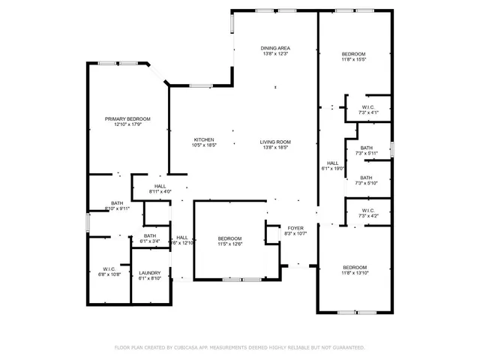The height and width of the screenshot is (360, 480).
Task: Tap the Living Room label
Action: click(x=275, y=142)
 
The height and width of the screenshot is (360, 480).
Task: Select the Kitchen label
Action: click(x=205, y=139)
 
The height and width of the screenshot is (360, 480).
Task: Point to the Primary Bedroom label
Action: click(x=127, y=119)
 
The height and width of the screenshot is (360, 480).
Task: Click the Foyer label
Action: click(x=295, y=227)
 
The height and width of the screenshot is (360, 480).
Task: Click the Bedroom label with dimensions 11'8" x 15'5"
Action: click(x=353, y=54)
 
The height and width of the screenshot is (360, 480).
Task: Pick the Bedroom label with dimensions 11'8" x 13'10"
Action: click(x=355, y=268)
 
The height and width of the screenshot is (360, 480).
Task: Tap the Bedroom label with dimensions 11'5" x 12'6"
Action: click(x=229, y=238)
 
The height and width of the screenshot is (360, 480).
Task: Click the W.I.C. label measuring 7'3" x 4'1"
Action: click(x=367, y=107)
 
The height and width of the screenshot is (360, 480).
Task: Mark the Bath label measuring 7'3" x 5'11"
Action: click(x=366, y=148)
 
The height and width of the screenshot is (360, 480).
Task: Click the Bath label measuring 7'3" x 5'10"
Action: click(x=366, y=178)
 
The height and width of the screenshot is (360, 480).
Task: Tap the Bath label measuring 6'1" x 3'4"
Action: click(x=150, y=236)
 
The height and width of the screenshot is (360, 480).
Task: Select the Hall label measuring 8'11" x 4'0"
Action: click(x=160, y=186)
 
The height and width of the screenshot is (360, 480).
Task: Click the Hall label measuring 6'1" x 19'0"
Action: click(x=332, y=163)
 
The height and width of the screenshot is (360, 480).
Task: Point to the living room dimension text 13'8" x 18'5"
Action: click(x=275, y=148)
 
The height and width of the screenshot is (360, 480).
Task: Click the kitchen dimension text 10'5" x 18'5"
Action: click(x=205, y=145)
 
